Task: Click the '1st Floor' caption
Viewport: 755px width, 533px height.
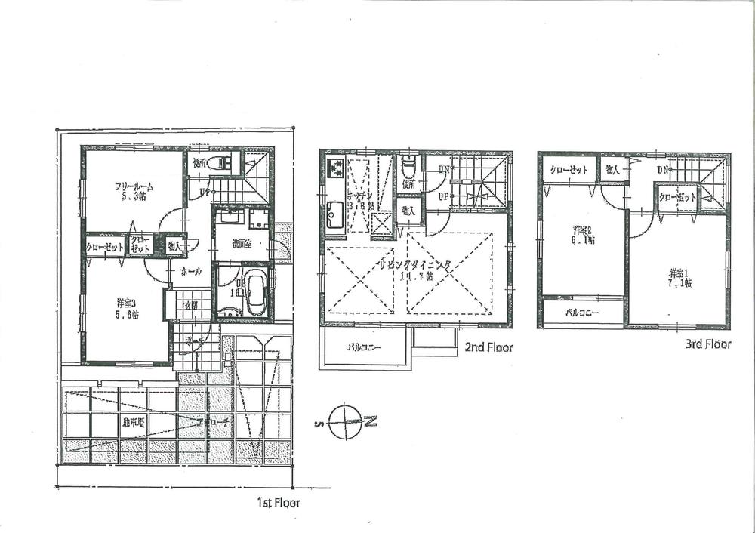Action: click(x=279, y=501)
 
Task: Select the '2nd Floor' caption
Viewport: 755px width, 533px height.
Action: click(x=488, y=347)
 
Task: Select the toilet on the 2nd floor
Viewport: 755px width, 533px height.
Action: click(x=408, y=165)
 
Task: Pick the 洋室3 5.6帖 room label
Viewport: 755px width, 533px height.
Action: click(x=126, y=309)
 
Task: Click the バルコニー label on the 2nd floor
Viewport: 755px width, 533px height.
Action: click(x=364, y=349)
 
